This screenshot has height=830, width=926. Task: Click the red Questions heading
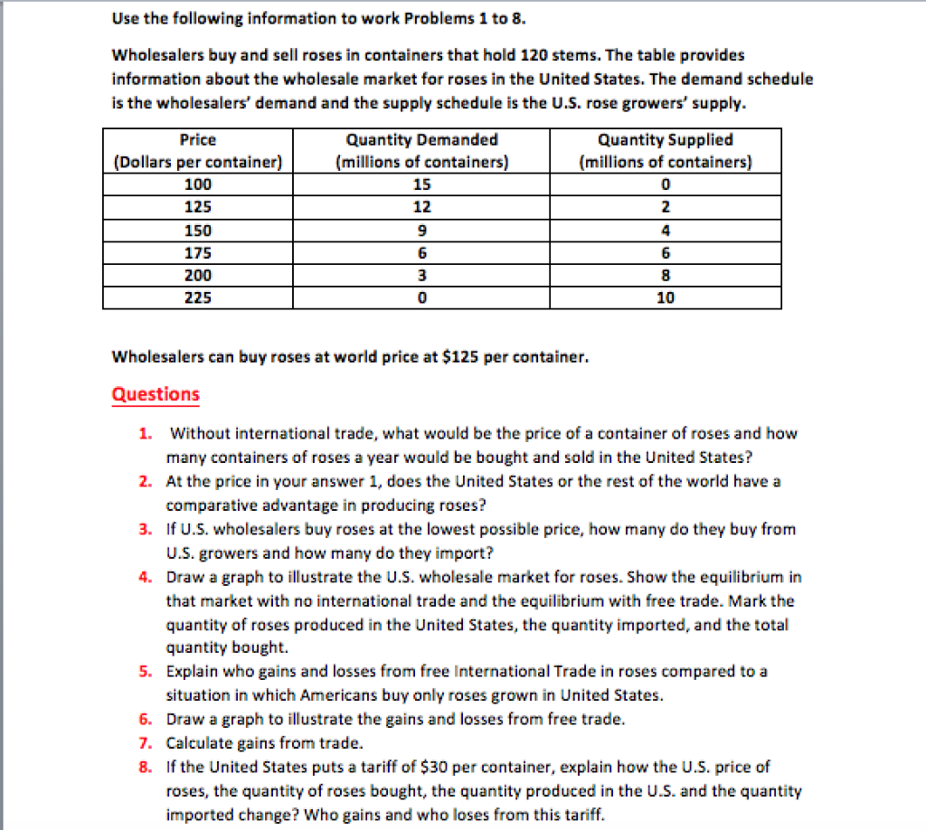click(155, 394)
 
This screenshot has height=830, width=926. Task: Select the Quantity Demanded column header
click(421, 151)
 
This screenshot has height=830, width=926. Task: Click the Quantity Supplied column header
click(666, 151)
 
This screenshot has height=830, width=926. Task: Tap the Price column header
click(198, 151)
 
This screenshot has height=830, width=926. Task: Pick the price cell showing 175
click(198, 252)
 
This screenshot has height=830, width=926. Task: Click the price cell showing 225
click(198, 297)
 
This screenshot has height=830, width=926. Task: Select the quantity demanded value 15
click(421, 184)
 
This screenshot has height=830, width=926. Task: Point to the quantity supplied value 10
click(666, 297)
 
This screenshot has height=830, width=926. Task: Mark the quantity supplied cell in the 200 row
click(666, 275)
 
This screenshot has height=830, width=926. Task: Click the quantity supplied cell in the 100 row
click(666, 184)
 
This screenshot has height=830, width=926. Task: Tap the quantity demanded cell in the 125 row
click(421, 207)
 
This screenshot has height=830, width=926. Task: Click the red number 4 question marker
click(145, 577)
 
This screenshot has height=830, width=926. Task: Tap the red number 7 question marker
click(145, 743)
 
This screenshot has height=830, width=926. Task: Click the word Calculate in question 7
click(198, 743)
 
